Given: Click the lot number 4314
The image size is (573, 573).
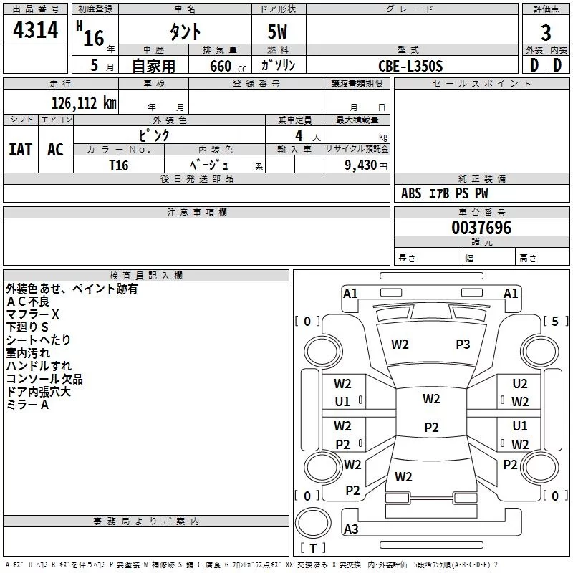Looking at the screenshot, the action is click(x=35, y=30).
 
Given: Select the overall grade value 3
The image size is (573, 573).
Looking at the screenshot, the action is click(x=546, y=33).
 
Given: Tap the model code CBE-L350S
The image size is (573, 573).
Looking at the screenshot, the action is click(x=410, y=66).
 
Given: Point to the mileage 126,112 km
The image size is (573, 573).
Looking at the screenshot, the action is click(x=84, y=103).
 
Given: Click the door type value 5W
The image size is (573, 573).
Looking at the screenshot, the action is click(x=277, y=32).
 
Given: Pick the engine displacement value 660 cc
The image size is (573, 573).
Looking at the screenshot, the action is click(x=228, y=67).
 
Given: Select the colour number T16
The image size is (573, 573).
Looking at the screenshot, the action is click(x=118, y=165).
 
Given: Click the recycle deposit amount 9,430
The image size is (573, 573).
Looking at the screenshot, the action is click(x=361, y=165).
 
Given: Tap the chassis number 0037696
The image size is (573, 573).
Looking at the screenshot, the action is click(x=481, y=228).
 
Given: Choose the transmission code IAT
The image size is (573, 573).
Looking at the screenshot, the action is click(x=21, y=150).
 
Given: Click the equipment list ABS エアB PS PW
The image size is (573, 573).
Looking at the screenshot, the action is click(x=444, y=193).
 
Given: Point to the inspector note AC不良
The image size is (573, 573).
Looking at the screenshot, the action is click(x=27, y=302).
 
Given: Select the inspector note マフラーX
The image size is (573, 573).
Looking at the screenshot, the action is click(x=32, y=314).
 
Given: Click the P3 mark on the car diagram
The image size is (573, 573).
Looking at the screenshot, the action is click(x=463, y=345).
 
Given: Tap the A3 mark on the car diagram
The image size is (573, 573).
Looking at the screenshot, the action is click(x=351, y=529).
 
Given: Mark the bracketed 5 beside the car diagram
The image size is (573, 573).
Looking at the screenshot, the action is click(x=555, y=321).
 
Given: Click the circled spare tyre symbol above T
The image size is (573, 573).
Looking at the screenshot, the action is click(x=313, y=523).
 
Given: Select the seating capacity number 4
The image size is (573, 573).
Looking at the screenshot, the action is click(x=299, y=135).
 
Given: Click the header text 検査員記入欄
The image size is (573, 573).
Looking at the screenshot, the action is click(x=146, y=276).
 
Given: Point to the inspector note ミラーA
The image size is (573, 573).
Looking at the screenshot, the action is click(x=27, y=405).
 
